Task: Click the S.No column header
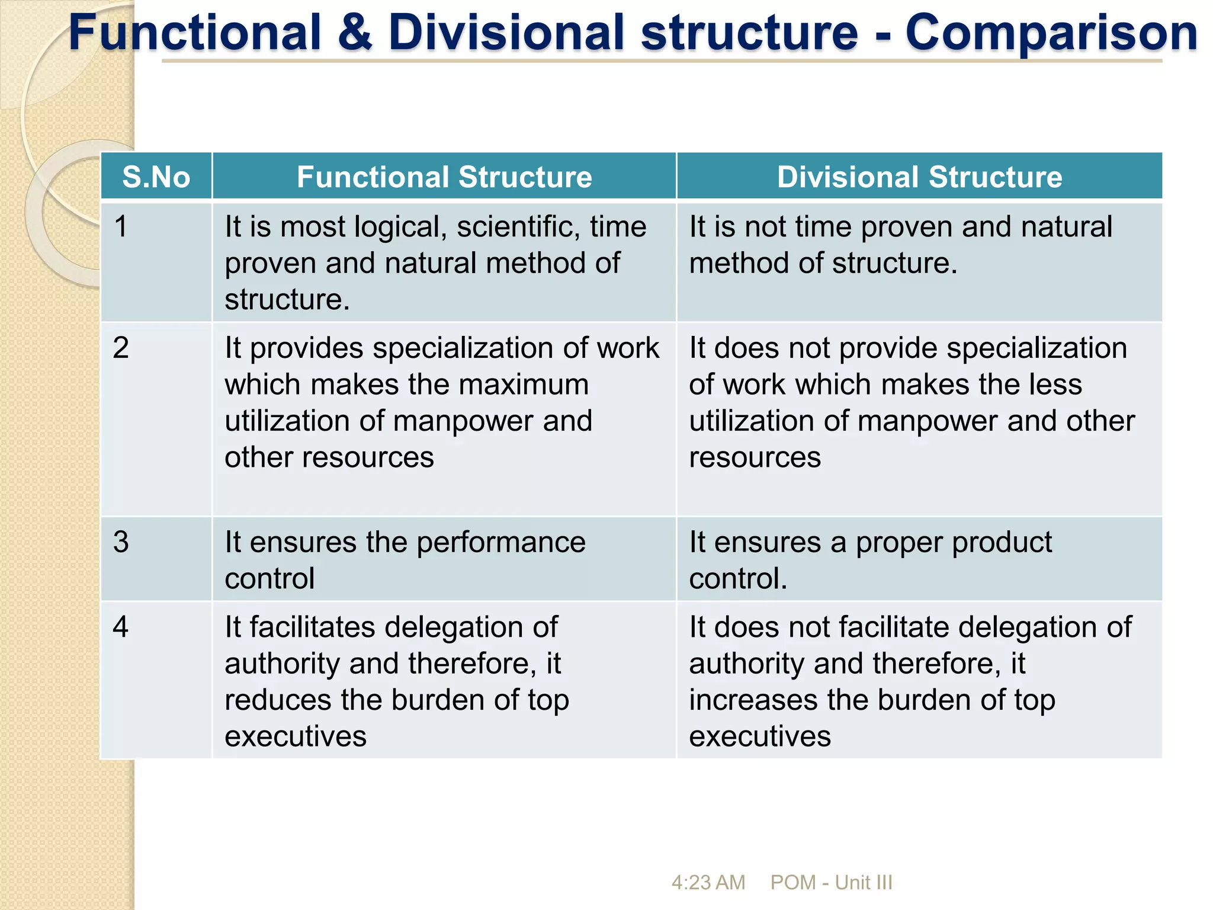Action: pyautogui.click(x=156, y=177)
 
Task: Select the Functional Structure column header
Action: pyautogui.click(x=444, y=177)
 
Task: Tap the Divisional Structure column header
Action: pyautogui.click(x=919, y=177)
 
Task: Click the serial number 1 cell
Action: pyautogui.click(x=121, y=227)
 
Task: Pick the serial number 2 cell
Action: pyautogui.click(x=121, y=348)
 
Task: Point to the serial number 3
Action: pyautogui.click(x=121, y=542)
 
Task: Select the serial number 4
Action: pyautogui.click(x=121, y=627)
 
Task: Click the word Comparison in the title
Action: pyautogui.click(x=1051, y=33)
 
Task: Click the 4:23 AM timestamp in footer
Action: pyautogui.click(x=708, y=882)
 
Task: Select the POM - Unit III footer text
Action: pyautogui.click(x=831, y=882)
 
